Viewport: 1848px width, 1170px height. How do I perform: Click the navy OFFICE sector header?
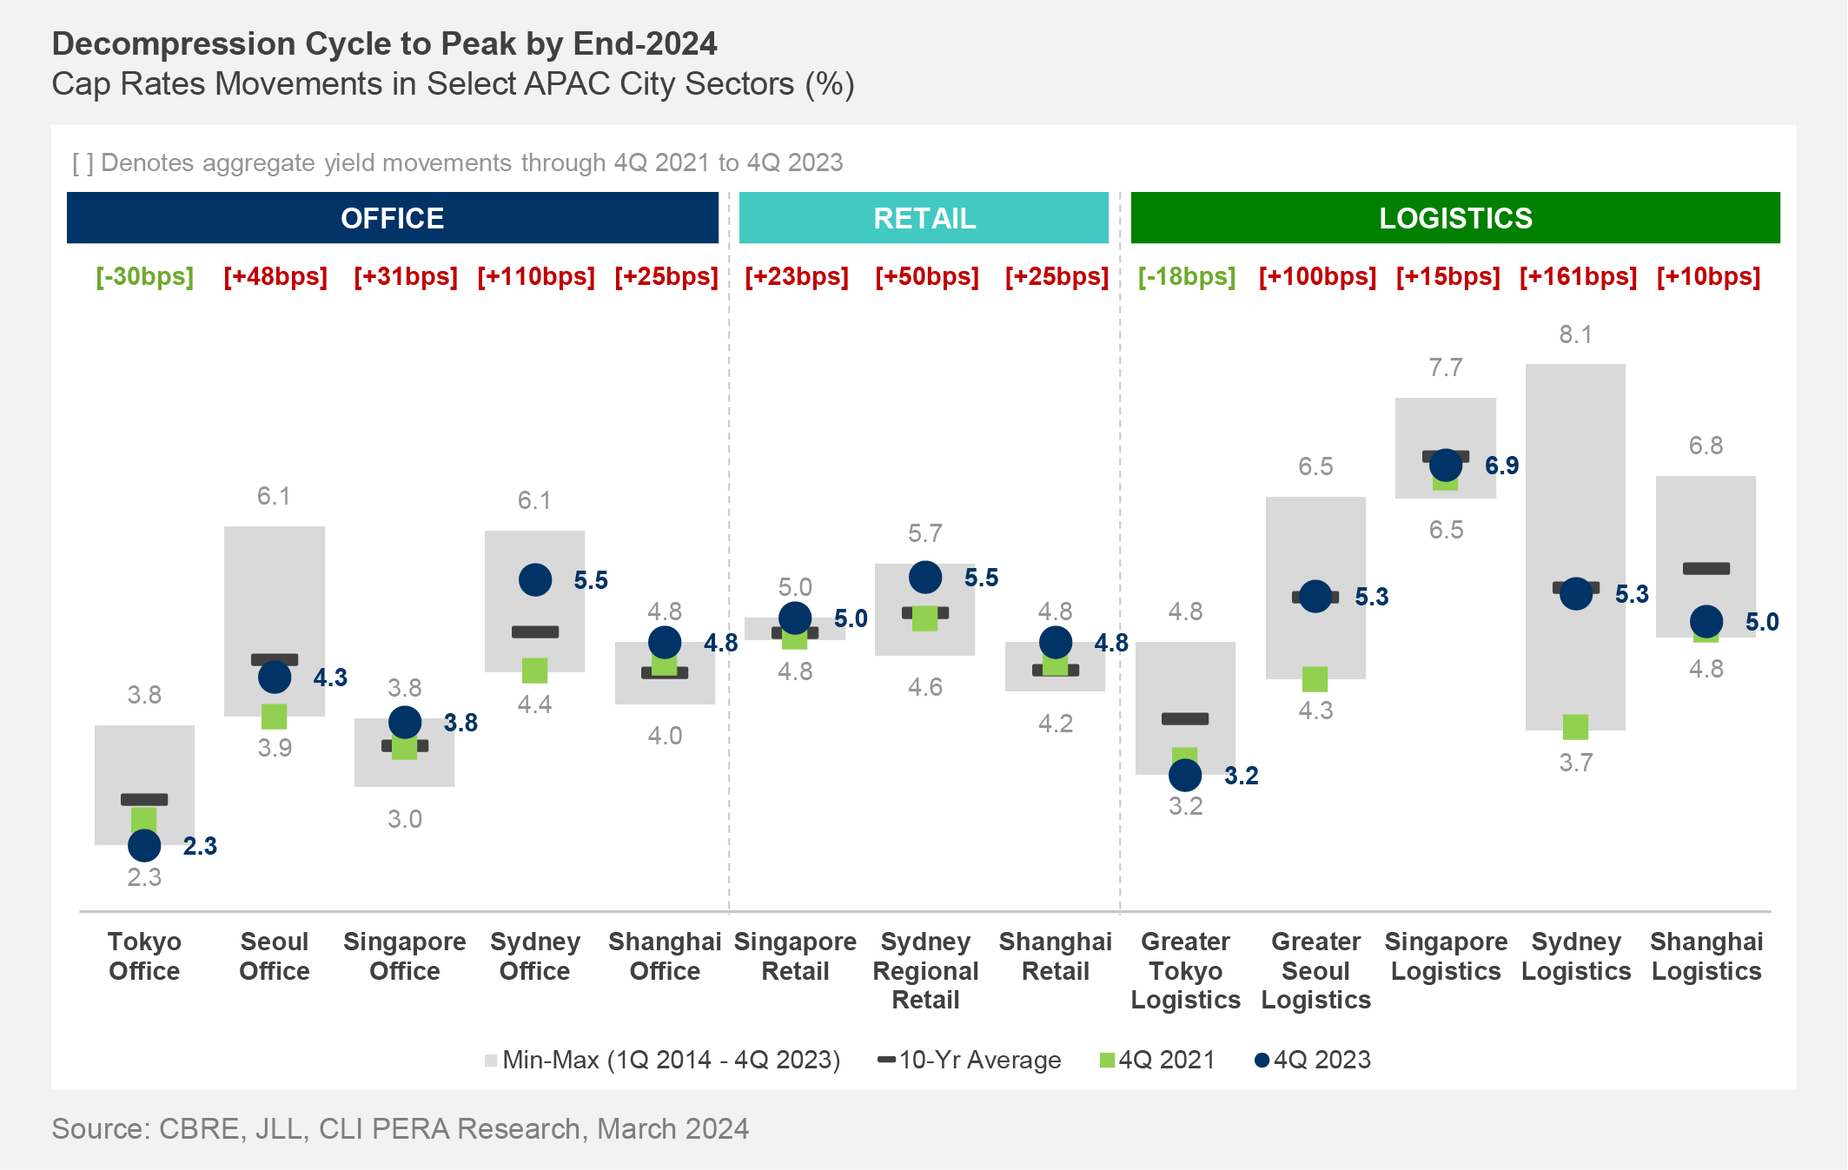393,218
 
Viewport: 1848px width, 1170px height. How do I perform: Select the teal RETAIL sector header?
924,218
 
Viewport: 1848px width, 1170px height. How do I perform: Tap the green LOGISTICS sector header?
1455,218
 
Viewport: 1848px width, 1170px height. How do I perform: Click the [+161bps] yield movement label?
1578,277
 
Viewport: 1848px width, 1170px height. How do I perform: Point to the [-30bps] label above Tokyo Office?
144,277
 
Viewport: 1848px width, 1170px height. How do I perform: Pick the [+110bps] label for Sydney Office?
536,277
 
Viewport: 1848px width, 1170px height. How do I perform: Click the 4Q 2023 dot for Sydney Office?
535,579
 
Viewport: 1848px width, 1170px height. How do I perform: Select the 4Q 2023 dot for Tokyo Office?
144,845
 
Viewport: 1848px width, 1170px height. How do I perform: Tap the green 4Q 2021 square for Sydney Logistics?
1575,726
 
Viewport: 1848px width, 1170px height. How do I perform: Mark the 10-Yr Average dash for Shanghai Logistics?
1706,569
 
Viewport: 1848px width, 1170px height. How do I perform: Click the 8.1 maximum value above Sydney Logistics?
1575,334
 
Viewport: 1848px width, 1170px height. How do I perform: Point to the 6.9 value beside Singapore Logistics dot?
1501,466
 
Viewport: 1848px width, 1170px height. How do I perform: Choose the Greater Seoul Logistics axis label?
1315,970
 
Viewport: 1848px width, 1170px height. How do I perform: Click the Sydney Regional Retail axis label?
925,970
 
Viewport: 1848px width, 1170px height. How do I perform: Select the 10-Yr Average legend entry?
970,1060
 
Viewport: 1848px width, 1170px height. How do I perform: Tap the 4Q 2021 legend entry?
1157,1060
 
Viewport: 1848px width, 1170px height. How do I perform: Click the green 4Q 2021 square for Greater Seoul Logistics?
1315,679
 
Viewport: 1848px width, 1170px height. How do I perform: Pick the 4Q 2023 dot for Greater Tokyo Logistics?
1185,775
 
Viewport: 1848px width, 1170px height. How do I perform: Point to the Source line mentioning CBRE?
400,1128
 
